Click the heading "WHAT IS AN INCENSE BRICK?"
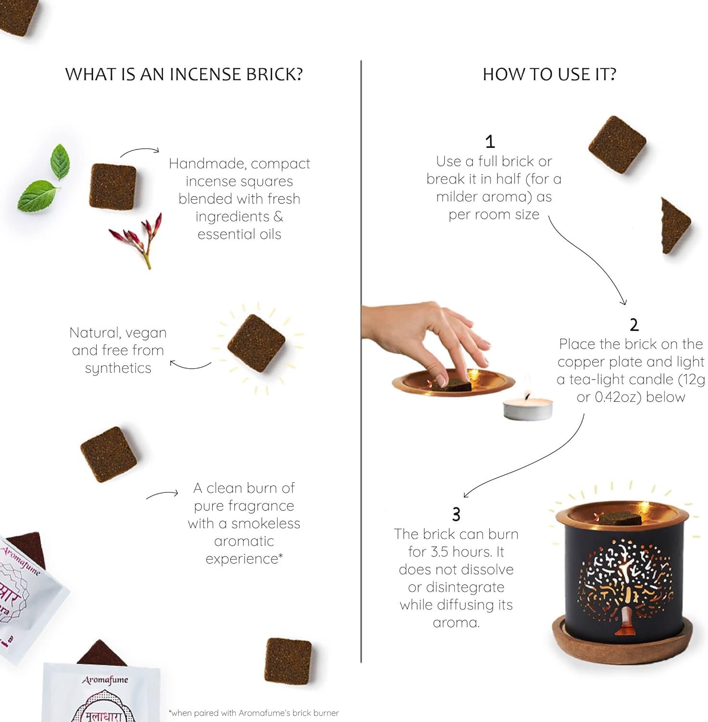point(184,74)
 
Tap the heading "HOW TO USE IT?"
point(549,74)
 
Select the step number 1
point(490,142)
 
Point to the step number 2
point(634,325)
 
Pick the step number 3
point(456,515)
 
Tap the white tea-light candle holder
point(528,409)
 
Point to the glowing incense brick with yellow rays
point(256,344)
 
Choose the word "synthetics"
point(118,368)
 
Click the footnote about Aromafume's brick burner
point(254,713)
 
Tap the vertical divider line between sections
point(361,361)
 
